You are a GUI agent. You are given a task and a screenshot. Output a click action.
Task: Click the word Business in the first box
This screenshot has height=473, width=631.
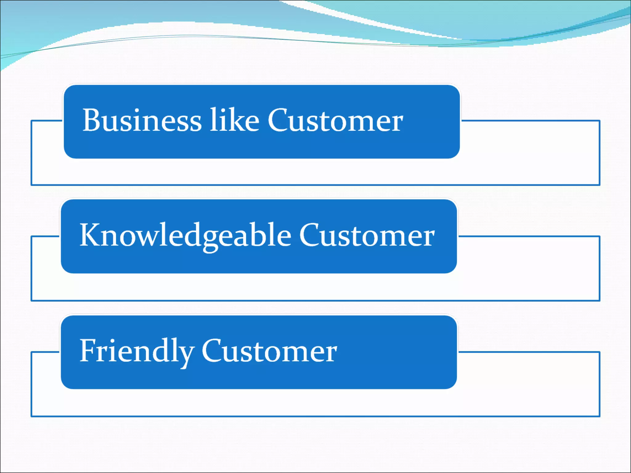(142, 121)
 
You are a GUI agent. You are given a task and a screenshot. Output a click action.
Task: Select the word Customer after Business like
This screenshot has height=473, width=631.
(335, 121)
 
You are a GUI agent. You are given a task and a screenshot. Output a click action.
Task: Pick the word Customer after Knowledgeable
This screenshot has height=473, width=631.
(367, 236)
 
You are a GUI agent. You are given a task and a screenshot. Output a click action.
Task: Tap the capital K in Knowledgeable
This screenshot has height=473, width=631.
(90, 235)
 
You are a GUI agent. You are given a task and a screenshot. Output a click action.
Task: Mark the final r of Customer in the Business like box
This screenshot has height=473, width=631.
(397, 123)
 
